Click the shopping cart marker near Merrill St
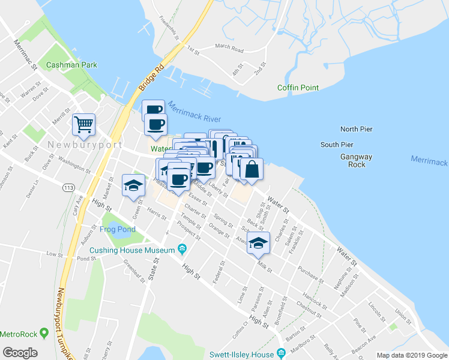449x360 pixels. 83,124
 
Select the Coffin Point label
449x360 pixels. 298,88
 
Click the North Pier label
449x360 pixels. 357,129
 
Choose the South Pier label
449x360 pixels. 337,145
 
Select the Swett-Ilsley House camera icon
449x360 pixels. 280,352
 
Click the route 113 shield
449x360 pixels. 67,188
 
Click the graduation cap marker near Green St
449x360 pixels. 133,185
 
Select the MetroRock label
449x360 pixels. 19,334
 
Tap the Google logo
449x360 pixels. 20,353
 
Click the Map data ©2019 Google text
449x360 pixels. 411,355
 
